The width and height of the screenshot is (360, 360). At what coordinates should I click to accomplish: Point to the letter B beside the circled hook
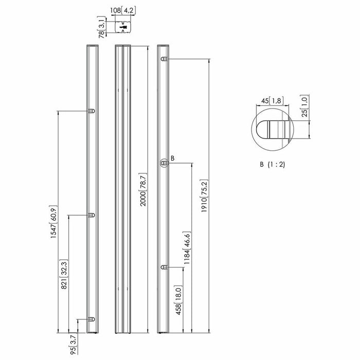(x=172, y=158)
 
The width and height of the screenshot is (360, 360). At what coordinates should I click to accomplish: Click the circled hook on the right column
(x=164, y=163)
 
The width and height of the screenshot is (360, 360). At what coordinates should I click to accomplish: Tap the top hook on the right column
(x=164, y=60)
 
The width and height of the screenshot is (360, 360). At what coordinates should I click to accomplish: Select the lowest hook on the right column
(x=164, y=267)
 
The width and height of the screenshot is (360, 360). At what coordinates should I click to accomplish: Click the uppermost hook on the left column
(x=92, y=111)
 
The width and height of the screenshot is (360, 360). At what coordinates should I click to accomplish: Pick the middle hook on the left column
(x=92, y=215)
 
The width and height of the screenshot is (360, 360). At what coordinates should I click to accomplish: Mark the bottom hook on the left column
(x=92, y=319)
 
